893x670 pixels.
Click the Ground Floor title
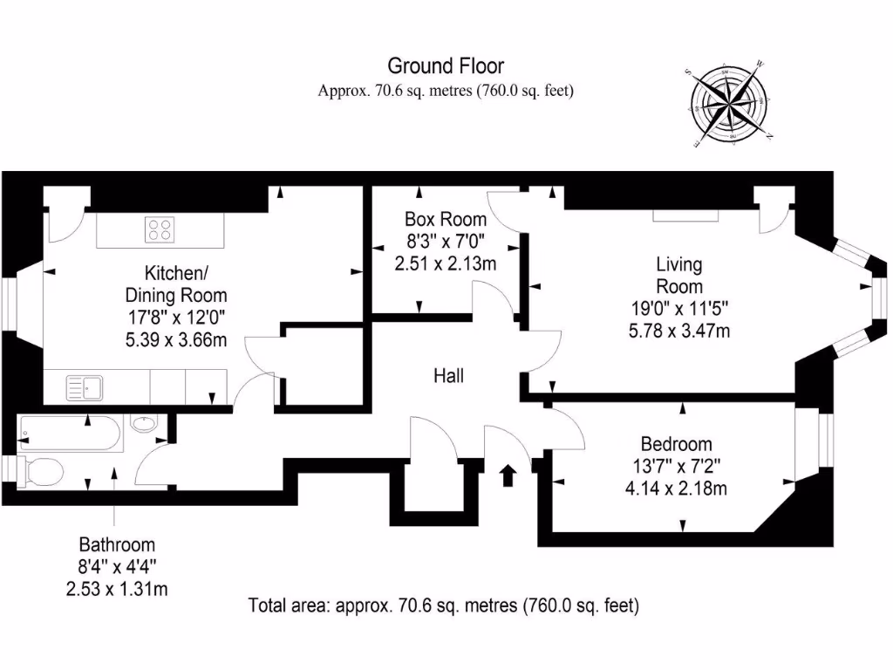pyautogui.click(x=446, y=66)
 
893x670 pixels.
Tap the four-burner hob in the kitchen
pyautogui.click(x=160, y=229)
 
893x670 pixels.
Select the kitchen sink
pyautogui.click(x=85, y=388)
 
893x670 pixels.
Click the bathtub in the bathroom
pyautogui.click(x=70, y=434)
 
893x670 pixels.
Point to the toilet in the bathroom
pyautogui.click(x=40, y=472)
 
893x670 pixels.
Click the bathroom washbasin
pyautogui.click(x=144, y=423)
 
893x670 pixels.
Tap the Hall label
pyautogui.click(x=449, y=376)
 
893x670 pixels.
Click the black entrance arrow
pyautogui.click(x=508, y=475)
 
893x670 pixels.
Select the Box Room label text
pyautogui.click(x=446, y=219)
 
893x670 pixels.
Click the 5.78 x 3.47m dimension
pyautogui.click(x=678, y=331)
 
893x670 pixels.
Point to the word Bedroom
pyautogui.click(x=676, y=444)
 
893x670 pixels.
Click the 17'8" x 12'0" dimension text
pyautogui.click(x=176, y=318)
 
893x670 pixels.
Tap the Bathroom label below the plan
pyautogui.click(x=117, y=544)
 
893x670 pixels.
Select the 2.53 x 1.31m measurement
pyautogui.click(x=117, y=589)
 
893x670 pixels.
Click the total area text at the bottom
pyautogui.click(x=444, y=605)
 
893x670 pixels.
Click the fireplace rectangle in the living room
pyautogui.click(x=685, y=215)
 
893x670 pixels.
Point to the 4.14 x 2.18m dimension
pyautogui.click(x=676, y=489)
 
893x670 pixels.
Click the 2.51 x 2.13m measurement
pyautogui.click(x=446, y=263)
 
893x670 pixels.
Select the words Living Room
pyautogui.click(x=678, y=275)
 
